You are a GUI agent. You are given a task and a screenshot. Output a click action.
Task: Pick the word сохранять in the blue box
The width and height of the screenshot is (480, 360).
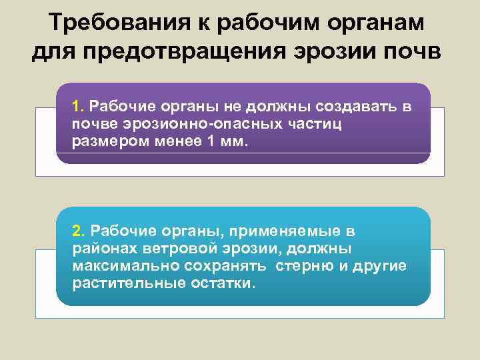click(x=216, y=265)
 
